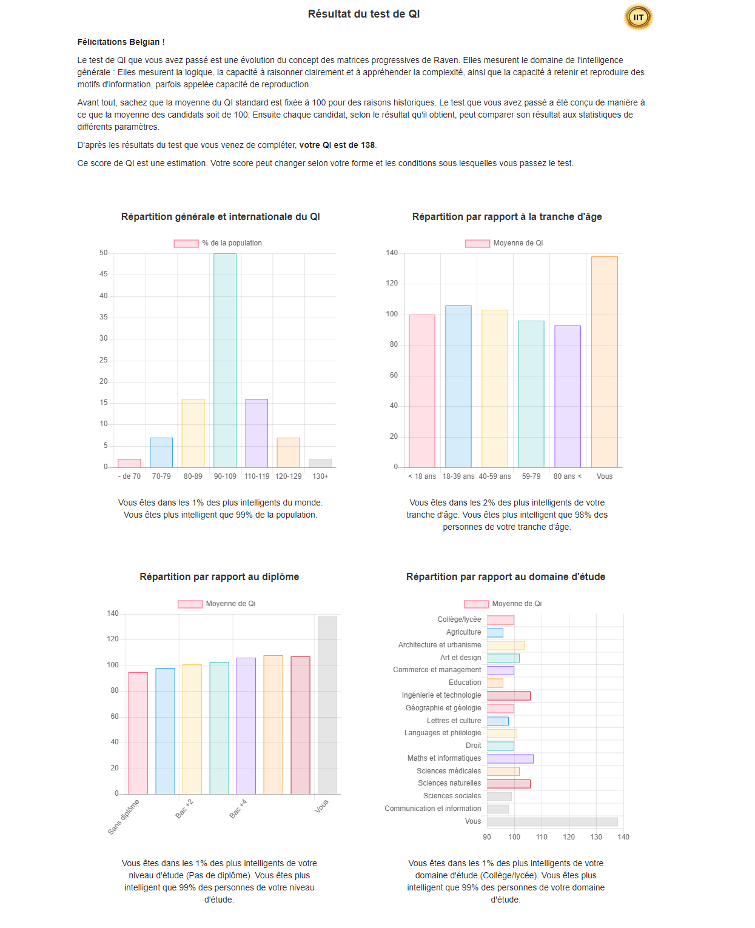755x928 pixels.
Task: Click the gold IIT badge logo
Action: tap(638, 17)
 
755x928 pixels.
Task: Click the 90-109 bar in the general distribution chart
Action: tap(225, 360)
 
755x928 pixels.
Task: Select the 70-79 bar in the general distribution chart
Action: tap(161, 452)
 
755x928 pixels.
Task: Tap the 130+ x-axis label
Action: tap(320, 476)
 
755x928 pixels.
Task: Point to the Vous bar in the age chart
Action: tap(604, 362)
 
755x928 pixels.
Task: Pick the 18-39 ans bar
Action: tap(458, 386)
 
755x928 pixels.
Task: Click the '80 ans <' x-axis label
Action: tap(567, 476)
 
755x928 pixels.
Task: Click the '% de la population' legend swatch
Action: tap(186, 244)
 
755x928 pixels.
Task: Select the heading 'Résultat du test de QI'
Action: tap(363, 14)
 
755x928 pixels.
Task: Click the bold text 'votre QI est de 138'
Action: tap(337, 145)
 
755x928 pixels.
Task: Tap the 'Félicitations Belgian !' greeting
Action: tap(121, 42)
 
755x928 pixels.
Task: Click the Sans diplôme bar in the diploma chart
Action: tap(138, 733)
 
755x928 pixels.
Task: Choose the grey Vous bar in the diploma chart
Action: tap(327, 705)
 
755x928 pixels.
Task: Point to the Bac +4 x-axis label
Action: tap(238, 809)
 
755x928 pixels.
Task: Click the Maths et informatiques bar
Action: tap(510, 759)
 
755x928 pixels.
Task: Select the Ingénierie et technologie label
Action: tap(441, 695)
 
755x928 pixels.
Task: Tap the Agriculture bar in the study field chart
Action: tap(495, 633)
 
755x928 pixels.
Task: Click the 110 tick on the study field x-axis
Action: tap(542, 837)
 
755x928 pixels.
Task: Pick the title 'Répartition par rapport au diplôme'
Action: tap(219, 577)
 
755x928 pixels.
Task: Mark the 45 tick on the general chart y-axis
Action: tap(104, 275)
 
